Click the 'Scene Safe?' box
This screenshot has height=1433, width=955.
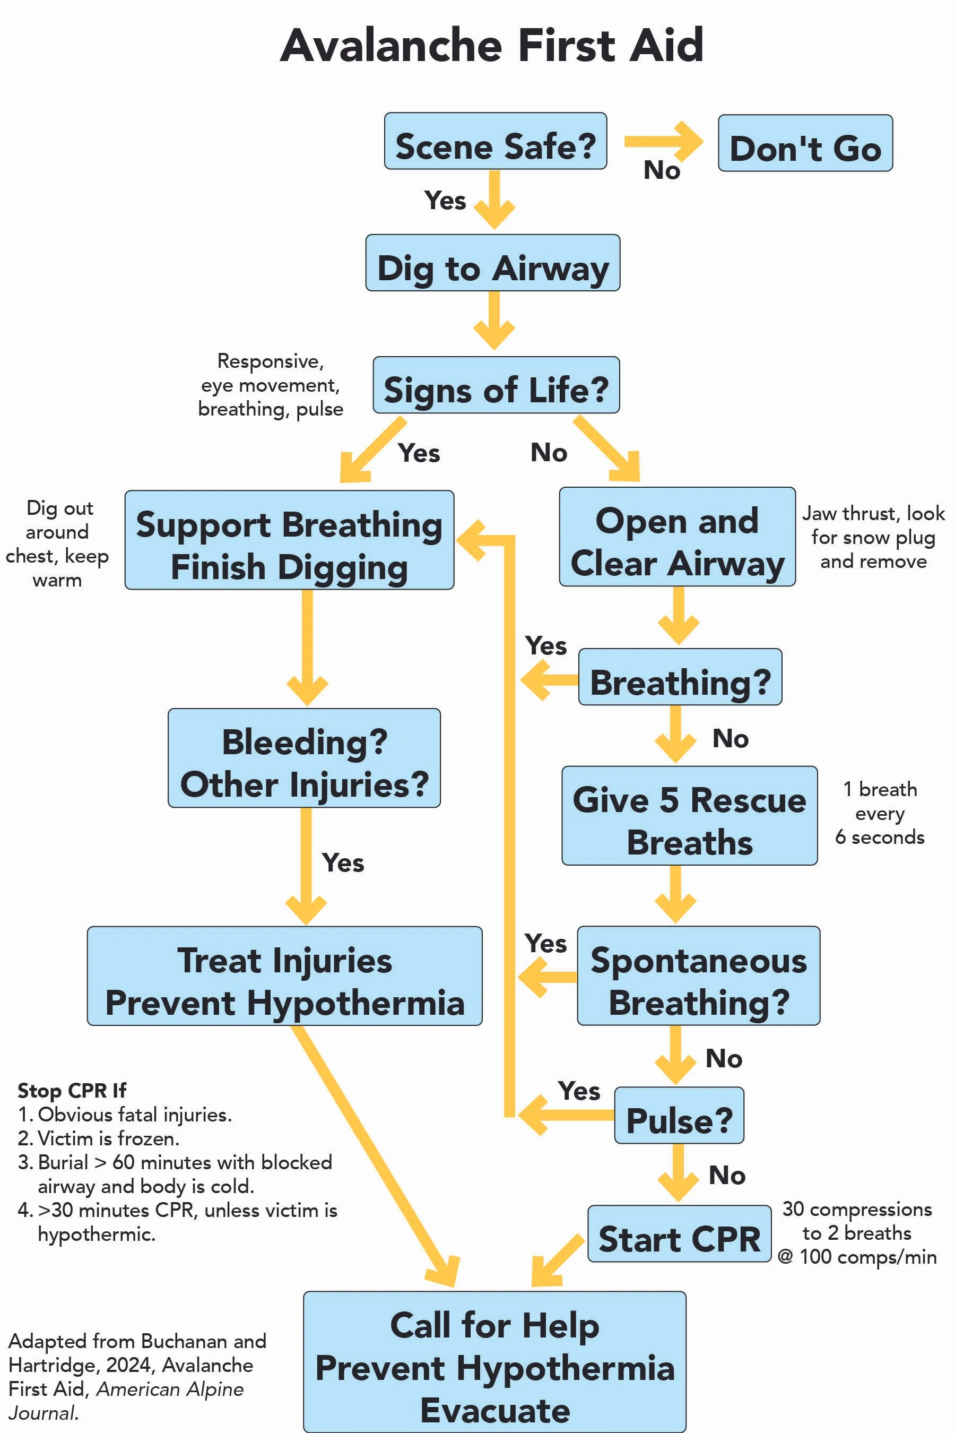[495, 141]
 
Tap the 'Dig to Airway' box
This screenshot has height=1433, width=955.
[492, 263]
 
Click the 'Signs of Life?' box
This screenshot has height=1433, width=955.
[496, 385]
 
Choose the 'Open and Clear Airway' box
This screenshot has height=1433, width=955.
[676, 537]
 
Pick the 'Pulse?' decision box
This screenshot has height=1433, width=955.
[679, 1116]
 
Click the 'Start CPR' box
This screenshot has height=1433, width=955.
[679, 1234]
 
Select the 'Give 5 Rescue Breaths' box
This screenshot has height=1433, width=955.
[689, 816]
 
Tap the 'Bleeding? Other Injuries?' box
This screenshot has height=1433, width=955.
[304, 758]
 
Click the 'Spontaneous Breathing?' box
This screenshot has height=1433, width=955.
[698, 976]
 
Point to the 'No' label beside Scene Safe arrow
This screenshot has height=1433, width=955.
[662, 170]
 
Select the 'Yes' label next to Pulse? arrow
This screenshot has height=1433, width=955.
[579, 1091]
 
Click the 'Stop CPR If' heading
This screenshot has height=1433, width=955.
[72, 1090]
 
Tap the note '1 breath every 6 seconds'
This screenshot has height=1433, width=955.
[880, 813]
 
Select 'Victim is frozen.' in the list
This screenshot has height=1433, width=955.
[108, 1138]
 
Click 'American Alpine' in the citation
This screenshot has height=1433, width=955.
[170, 1389]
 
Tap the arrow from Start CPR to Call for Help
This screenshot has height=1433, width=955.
[556, 1262]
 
